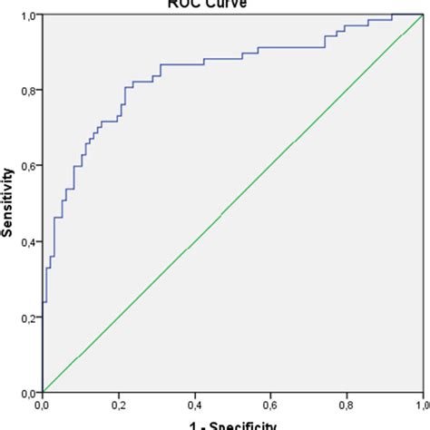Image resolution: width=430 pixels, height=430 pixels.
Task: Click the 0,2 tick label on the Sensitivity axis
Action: pyautogui.click(x=28, y=317)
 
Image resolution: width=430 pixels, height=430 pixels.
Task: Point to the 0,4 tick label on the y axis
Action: pyautogui.click(x=28, y=241)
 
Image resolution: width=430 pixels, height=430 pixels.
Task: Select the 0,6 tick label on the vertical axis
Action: pyautogui.click(x=28, y=166)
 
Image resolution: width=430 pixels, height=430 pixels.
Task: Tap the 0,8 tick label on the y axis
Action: pyautogui.click(x=28, y=91)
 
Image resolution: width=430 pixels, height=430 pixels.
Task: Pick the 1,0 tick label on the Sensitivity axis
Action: pyautogui.click(x=28, y=16)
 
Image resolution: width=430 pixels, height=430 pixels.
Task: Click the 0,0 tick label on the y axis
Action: pyautogui.click(x=28, y=392)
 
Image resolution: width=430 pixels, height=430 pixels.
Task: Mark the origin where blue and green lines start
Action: pyautogui.click(x=43, y=392)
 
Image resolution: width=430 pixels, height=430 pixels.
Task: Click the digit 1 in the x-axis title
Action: pyautogui.click(x=191, y=425)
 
